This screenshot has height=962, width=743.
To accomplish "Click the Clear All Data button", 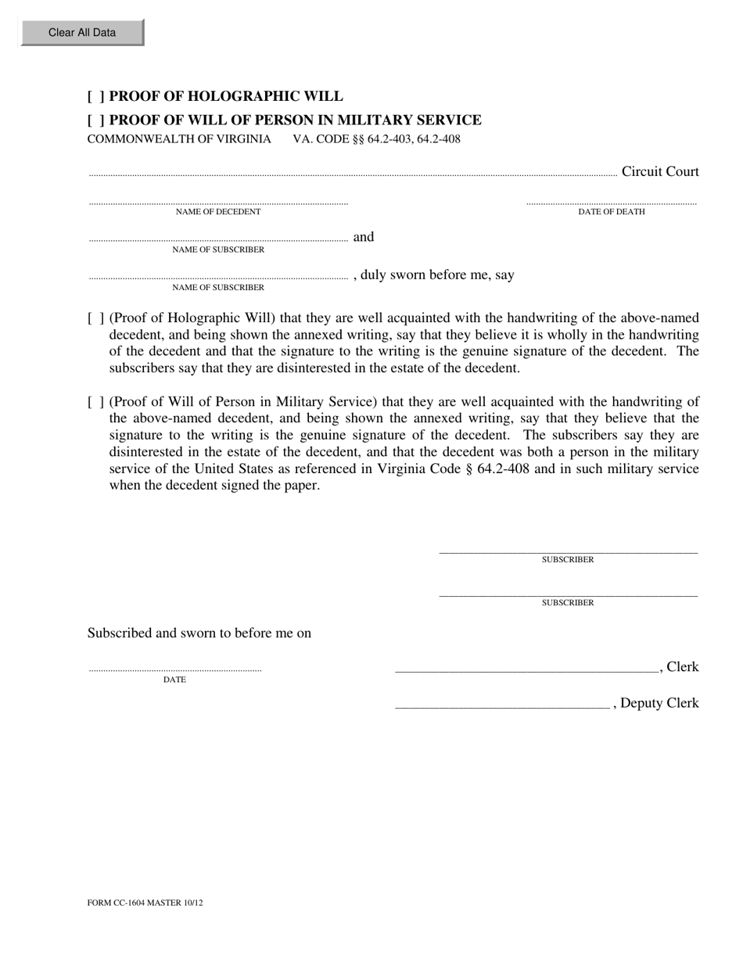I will pos(82,33).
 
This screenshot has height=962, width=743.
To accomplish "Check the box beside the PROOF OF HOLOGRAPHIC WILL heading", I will pos(95,97).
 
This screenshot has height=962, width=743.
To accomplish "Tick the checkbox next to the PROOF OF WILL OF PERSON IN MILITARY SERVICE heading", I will pos(95,120).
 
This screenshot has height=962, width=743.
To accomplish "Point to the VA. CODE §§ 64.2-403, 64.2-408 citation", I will pos(376,139).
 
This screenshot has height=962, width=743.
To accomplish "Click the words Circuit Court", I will pos(659,172).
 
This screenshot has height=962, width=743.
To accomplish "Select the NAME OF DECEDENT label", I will pos(218,212).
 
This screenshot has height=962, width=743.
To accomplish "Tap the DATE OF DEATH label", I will pos(611,212).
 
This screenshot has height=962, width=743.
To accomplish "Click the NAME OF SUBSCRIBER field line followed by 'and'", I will pos(218,239).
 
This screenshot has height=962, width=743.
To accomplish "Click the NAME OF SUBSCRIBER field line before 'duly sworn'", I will pos(218,276).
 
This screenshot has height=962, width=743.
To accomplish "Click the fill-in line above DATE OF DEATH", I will pos(611,203).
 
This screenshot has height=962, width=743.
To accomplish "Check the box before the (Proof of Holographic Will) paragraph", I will pos(95,318).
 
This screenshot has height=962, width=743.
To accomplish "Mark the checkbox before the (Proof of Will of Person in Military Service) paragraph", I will pos(95,402).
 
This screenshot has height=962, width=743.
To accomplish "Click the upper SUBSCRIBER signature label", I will pos(568,560).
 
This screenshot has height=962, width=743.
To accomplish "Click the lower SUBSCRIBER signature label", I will pos(568,603).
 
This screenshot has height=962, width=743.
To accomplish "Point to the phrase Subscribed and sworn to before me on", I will pos(199,634).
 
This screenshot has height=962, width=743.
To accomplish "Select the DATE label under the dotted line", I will pos(174,680).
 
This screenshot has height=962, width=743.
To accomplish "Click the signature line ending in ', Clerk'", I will pos(527,670).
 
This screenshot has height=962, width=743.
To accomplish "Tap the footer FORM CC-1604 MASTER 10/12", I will pos(145,903).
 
